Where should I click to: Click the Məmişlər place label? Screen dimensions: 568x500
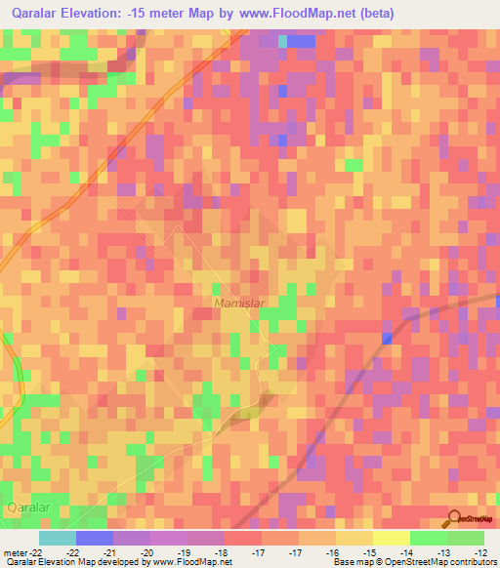click(x=239, y=304)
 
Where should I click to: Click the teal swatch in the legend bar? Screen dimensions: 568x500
click(x=57, y=538)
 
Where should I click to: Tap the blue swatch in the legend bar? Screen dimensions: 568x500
click(x=94, y=538)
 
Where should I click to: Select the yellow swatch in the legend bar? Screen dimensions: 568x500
click(x=391, y=538)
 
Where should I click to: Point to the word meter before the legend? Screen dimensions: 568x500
click(x=16, y=551)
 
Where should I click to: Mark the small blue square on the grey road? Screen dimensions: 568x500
click(x=388, y=339)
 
